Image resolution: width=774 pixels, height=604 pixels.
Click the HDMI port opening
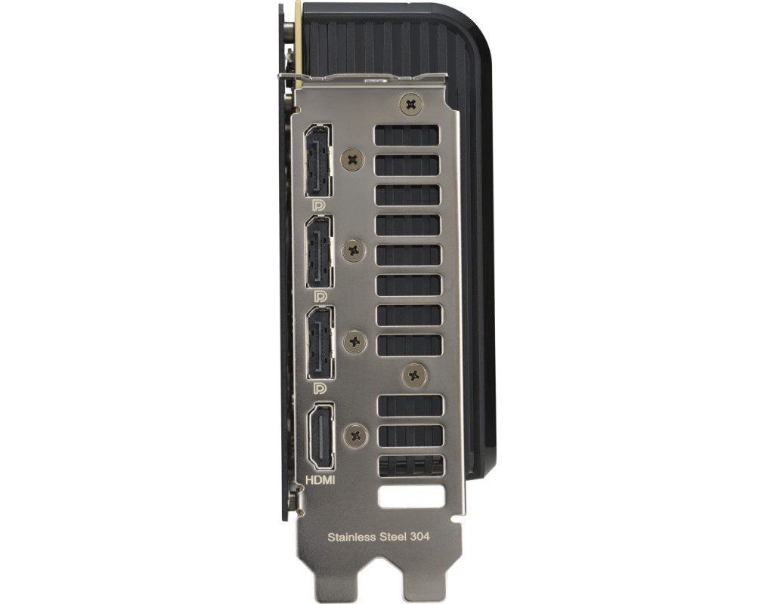320,436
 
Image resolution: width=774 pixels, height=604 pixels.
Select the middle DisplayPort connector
320,251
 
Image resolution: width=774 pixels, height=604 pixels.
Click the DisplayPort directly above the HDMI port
320,343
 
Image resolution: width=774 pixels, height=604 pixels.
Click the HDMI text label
320,479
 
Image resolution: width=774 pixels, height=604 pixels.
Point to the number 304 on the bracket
420,536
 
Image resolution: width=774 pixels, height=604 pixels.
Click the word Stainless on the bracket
351,537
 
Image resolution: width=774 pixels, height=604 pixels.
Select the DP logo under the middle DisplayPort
320,296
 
